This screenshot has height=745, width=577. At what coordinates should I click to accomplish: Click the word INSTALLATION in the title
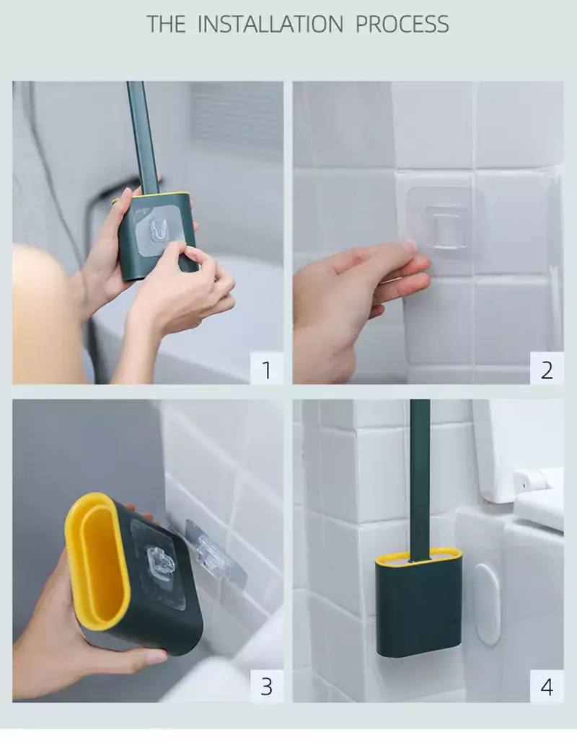[270, 24]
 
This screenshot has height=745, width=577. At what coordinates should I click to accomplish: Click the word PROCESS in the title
[402, 24]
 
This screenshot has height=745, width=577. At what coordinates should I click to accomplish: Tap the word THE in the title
[166, 24]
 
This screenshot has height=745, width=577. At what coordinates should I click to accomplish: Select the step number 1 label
[267, 369]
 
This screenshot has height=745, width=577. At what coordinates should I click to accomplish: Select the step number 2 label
[547, 369]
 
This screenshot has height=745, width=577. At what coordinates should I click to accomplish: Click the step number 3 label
[267, 686]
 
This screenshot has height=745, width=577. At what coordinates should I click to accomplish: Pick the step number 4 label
[547, 687]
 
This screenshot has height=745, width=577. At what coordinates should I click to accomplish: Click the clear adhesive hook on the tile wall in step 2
[445, 223]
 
